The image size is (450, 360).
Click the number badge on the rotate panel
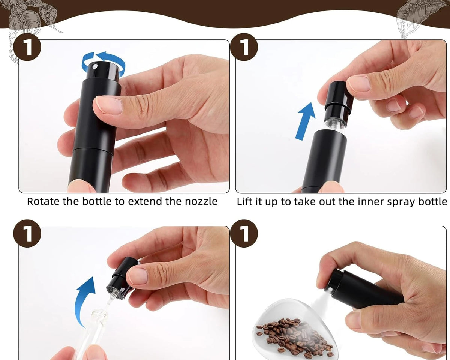tap(27, 47)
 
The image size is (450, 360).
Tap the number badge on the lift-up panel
tap(244, 47)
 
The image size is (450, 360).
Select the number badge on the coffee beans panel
tap(244, 234)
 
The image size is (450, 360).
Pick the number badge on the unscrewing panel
tap(27, 234)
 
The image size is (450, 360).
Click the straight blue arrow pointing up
tap(305, 121)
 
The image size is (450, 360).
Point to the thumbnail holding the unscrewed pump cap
tap(138, 276)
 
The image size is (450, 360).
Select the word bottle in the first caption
tap(97, 201)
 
